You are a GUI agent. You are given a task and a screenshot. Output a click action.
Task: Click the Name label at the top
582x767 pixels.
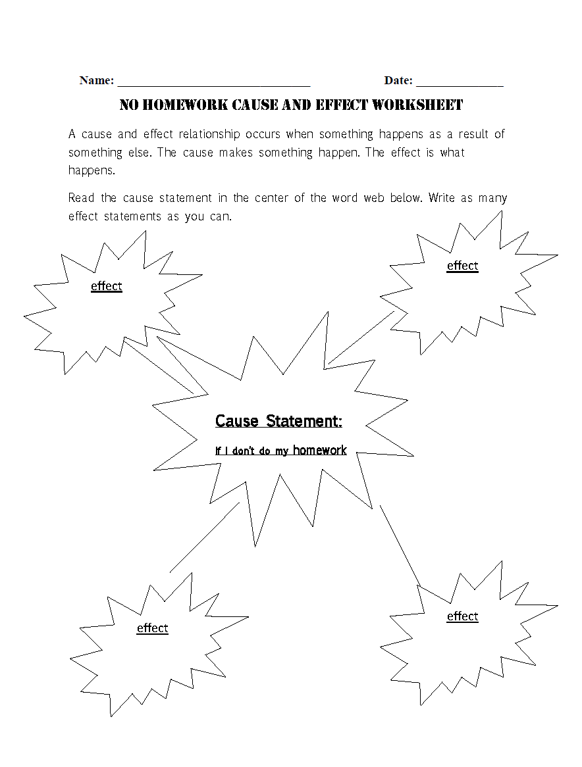96,80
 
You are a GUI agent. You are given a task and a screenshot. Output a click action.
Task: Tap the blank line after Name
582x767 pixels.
213,85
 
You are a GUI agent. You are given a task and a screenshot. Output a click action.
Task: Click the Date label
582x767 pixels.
398,80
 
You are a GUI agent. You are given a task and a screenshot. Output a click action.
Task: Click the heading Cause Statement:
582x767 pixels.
278,421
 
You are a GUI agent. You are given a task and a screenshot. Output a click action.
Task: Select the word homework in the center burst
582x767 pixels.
319,451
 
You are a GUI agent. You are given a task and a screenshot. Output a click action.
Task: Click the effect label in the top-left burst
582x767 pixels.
106,286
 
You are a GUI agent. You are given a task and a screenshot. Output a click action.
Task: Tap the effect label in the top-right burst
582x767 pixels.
462,266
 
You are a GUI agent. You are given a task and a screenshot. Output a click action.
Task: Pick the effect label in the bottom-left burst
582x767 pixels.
152,628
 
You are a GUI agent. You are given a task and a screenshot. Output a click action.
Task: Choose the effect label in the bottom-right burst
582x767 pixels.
462,616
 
